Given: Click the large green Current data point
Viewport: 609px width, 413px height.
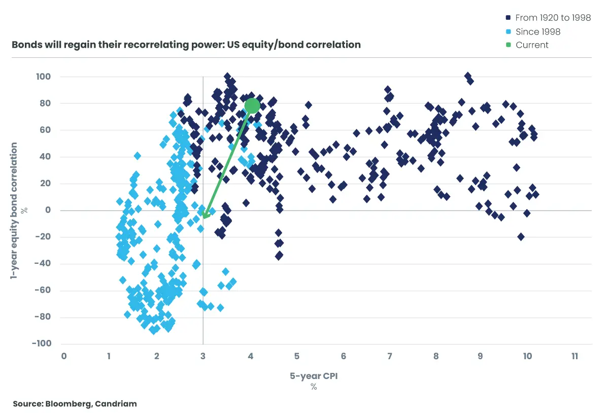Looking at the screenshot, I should tap(252, 106).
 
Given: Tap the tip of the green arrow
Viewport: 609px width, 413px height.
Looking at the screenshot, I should tap(204, 218).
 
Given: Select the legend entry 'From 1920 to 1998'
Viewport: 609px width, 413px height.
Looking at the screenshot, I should tap(553, 18).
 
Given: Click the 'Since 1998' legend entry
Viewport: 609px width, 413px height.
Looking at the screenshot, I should tap(538, 31).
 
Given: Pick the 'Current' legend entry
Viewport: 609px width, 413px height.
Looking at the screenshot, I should tap(532, 45).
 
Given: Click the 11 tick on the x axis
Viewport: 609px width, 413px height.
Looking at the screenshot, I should tap(574, 357).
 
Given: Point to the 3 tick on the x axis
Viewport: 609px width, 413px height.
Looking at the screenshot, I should tap(203, 357).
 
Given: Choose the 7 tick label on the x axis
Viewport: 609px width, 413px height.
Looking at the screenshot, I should tap(390, 357).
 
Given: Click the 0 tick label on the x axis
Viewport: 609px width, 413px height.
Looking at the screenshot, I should tap(64, 357).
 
